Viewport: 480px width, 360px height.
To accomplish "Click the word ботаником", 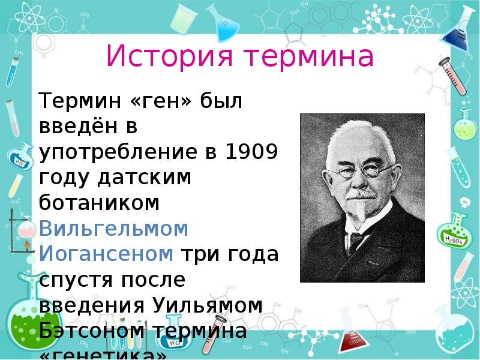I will tap(99, 203).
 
